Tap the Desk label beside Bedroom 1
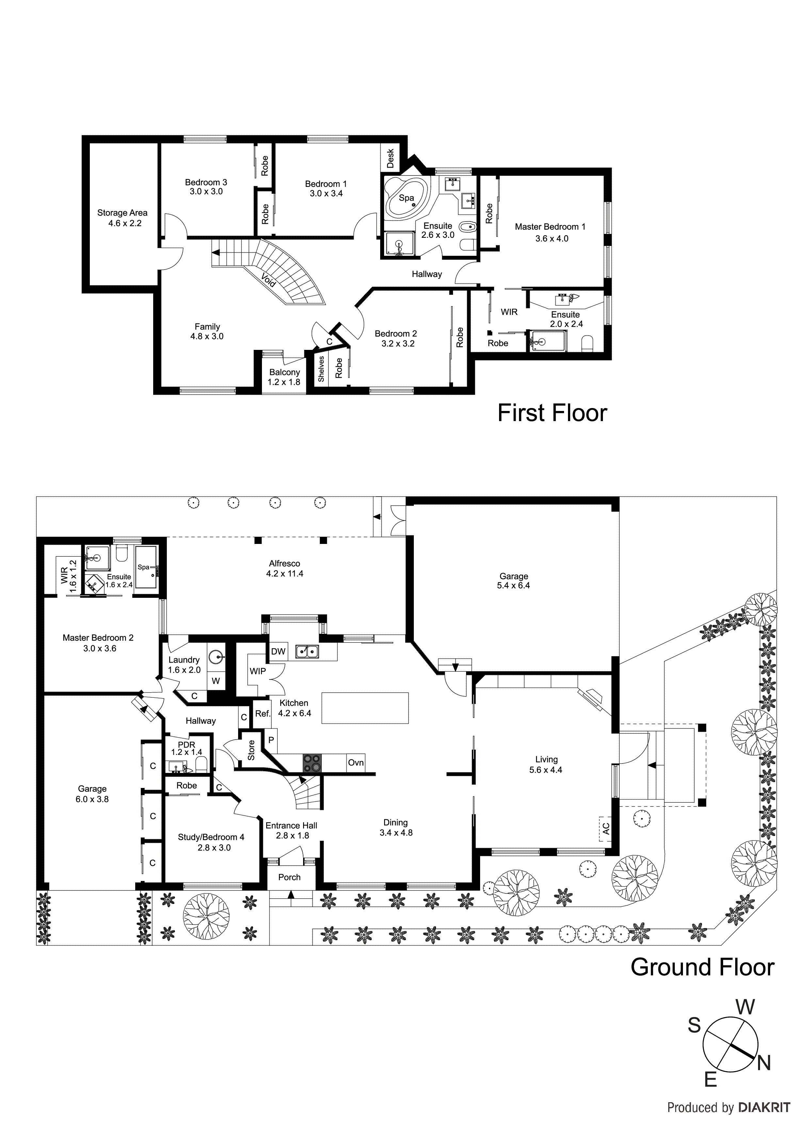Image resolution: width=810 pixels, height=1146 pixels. point(391,158)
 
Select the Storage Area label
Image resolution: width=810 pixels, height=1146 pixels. point(122,213)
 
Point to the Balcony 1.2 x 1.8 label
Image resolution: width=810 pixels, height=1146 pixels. point(284,377)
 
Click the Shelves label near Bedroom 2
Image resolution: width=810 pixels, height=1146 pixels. point(321,369)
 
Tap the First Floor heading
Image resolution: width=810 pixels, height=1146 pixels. point(552,413)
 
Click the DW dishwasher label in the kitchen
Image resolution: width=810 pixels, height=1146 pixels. point(278,651)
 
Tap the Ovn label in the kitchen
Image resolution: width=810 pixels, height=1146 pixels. point(356,763)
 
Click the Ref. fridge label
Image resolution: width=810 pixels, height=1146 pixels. point(263,714)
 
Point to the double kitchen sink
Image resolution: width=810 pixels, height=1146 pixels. point(307,651)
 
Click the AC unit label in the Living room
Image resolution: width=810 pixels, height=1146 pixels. point(606,829)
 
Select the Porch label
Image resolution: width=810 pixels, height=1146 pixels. point(289,877)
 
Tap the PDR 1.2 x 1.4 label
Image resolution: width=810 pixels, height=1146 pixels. point(186,748)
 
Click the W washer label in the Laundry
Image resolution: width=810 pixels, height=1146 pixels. point(216,681)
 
